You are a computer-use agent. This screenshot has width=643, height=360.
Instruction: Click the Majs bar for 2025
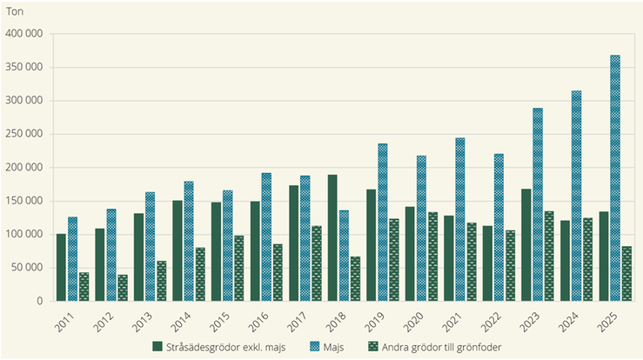pyautogui.click(x=615, y=178)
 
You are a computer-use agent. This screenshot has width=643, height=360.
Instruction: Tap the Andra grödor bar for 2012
pyautogui.click(x=123, y=288)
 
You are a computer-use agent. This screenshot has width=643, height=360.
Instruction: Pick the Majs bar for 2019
pyautogui.click(x=383, y=222)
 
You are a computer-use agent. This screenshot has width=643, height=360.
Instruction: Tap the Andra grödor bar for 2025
pyautogui.click(x=626, y=273)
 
